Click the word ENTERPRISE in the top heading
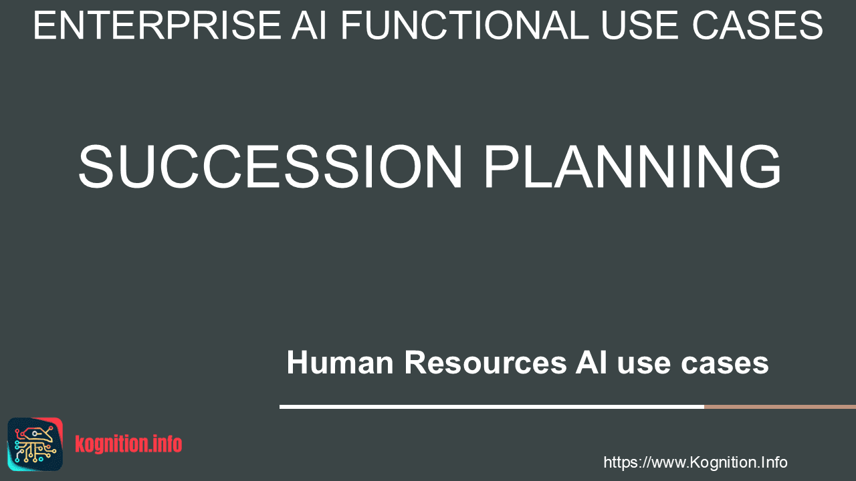click(x=157, y=25)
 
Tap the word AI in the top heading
click(x=309, y=25)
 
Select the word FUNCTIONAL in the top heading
click(x=465, y=25)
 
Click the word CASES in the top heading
click(x=758, y=25)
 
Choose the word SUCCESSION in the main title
click(x=271, y=166)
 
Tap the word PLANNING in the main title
click(x=633, y=166)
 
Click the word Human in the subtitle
click(x=340, y=362)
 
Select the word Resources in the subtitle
click(x=486, y=362)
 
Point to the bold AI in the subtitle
click(x=591, y=362)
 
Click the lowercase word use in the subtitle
click(x=644, y=365)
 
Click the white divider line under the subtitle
click(x=492, y=407)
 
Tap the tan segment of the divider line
click(x=780, y=407)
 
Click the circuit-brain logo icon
click(x=35, y=444)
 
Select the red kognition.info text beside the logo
click(x=128, y=444)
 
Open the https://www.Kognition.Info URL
click(x=695, y=462)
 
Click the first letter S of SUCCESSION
click(x=96, y=166)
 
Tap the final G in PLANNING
click(x=760, y=166)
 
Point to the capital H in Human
click(x=297, y=362)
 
